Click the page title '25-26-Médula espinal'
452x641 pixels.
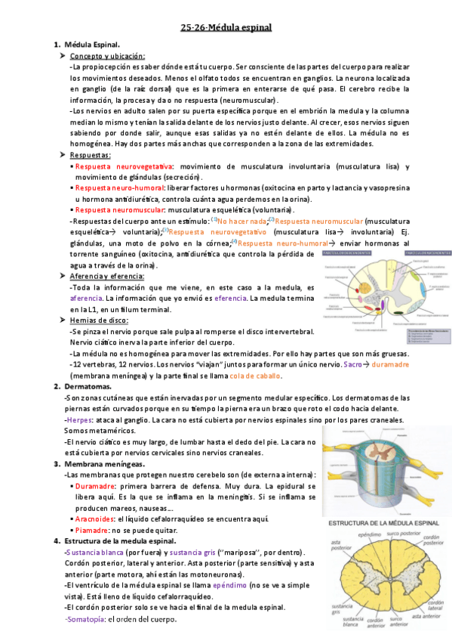226,28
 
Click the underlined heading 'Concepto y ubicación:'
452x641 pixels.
107,56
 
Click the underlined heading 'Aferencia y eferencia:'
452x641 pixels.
109,277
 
